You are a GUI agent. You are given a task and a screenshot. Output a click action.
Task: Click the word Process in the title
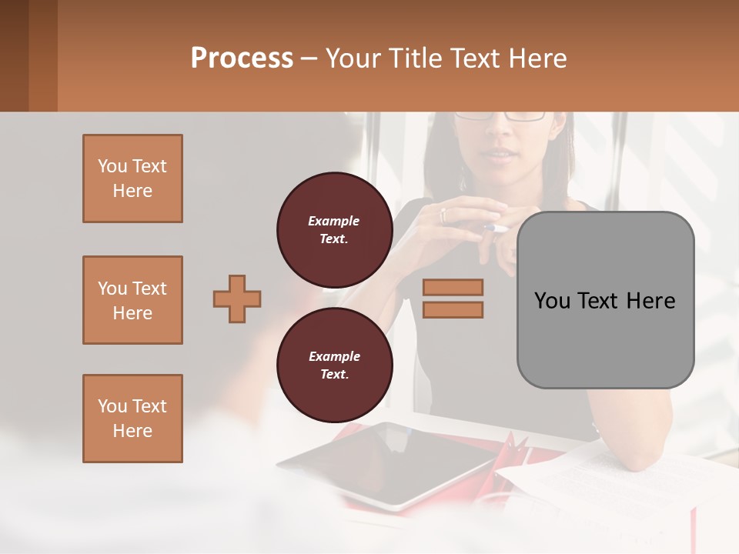[242, 58]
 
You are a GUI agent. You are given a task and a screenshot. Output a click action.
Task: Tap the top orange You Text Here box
[132, 179]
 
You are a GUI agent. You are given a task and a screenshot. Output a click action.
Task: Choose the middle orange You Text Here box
[132, 300]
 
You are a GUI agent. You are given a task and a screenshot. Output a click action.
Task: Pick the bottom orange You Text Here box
[132, 419]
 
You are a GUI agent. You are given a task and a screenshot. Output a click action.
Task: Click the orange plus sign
[237, 299]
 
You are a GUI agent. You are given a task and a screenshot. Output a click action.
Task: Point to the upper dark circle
[334, 229]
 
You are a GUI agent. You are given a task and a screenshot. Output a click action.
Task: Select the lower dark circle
[334, 365]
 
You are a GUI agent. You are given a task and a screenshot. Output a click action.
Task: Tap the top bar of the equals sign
[453, 287]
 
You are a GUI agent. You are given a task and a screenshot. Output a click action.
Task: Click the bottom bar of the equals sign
[453, 309]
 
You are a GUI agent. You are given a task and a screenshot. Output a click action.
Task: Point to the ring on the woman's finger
[443, 215]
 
